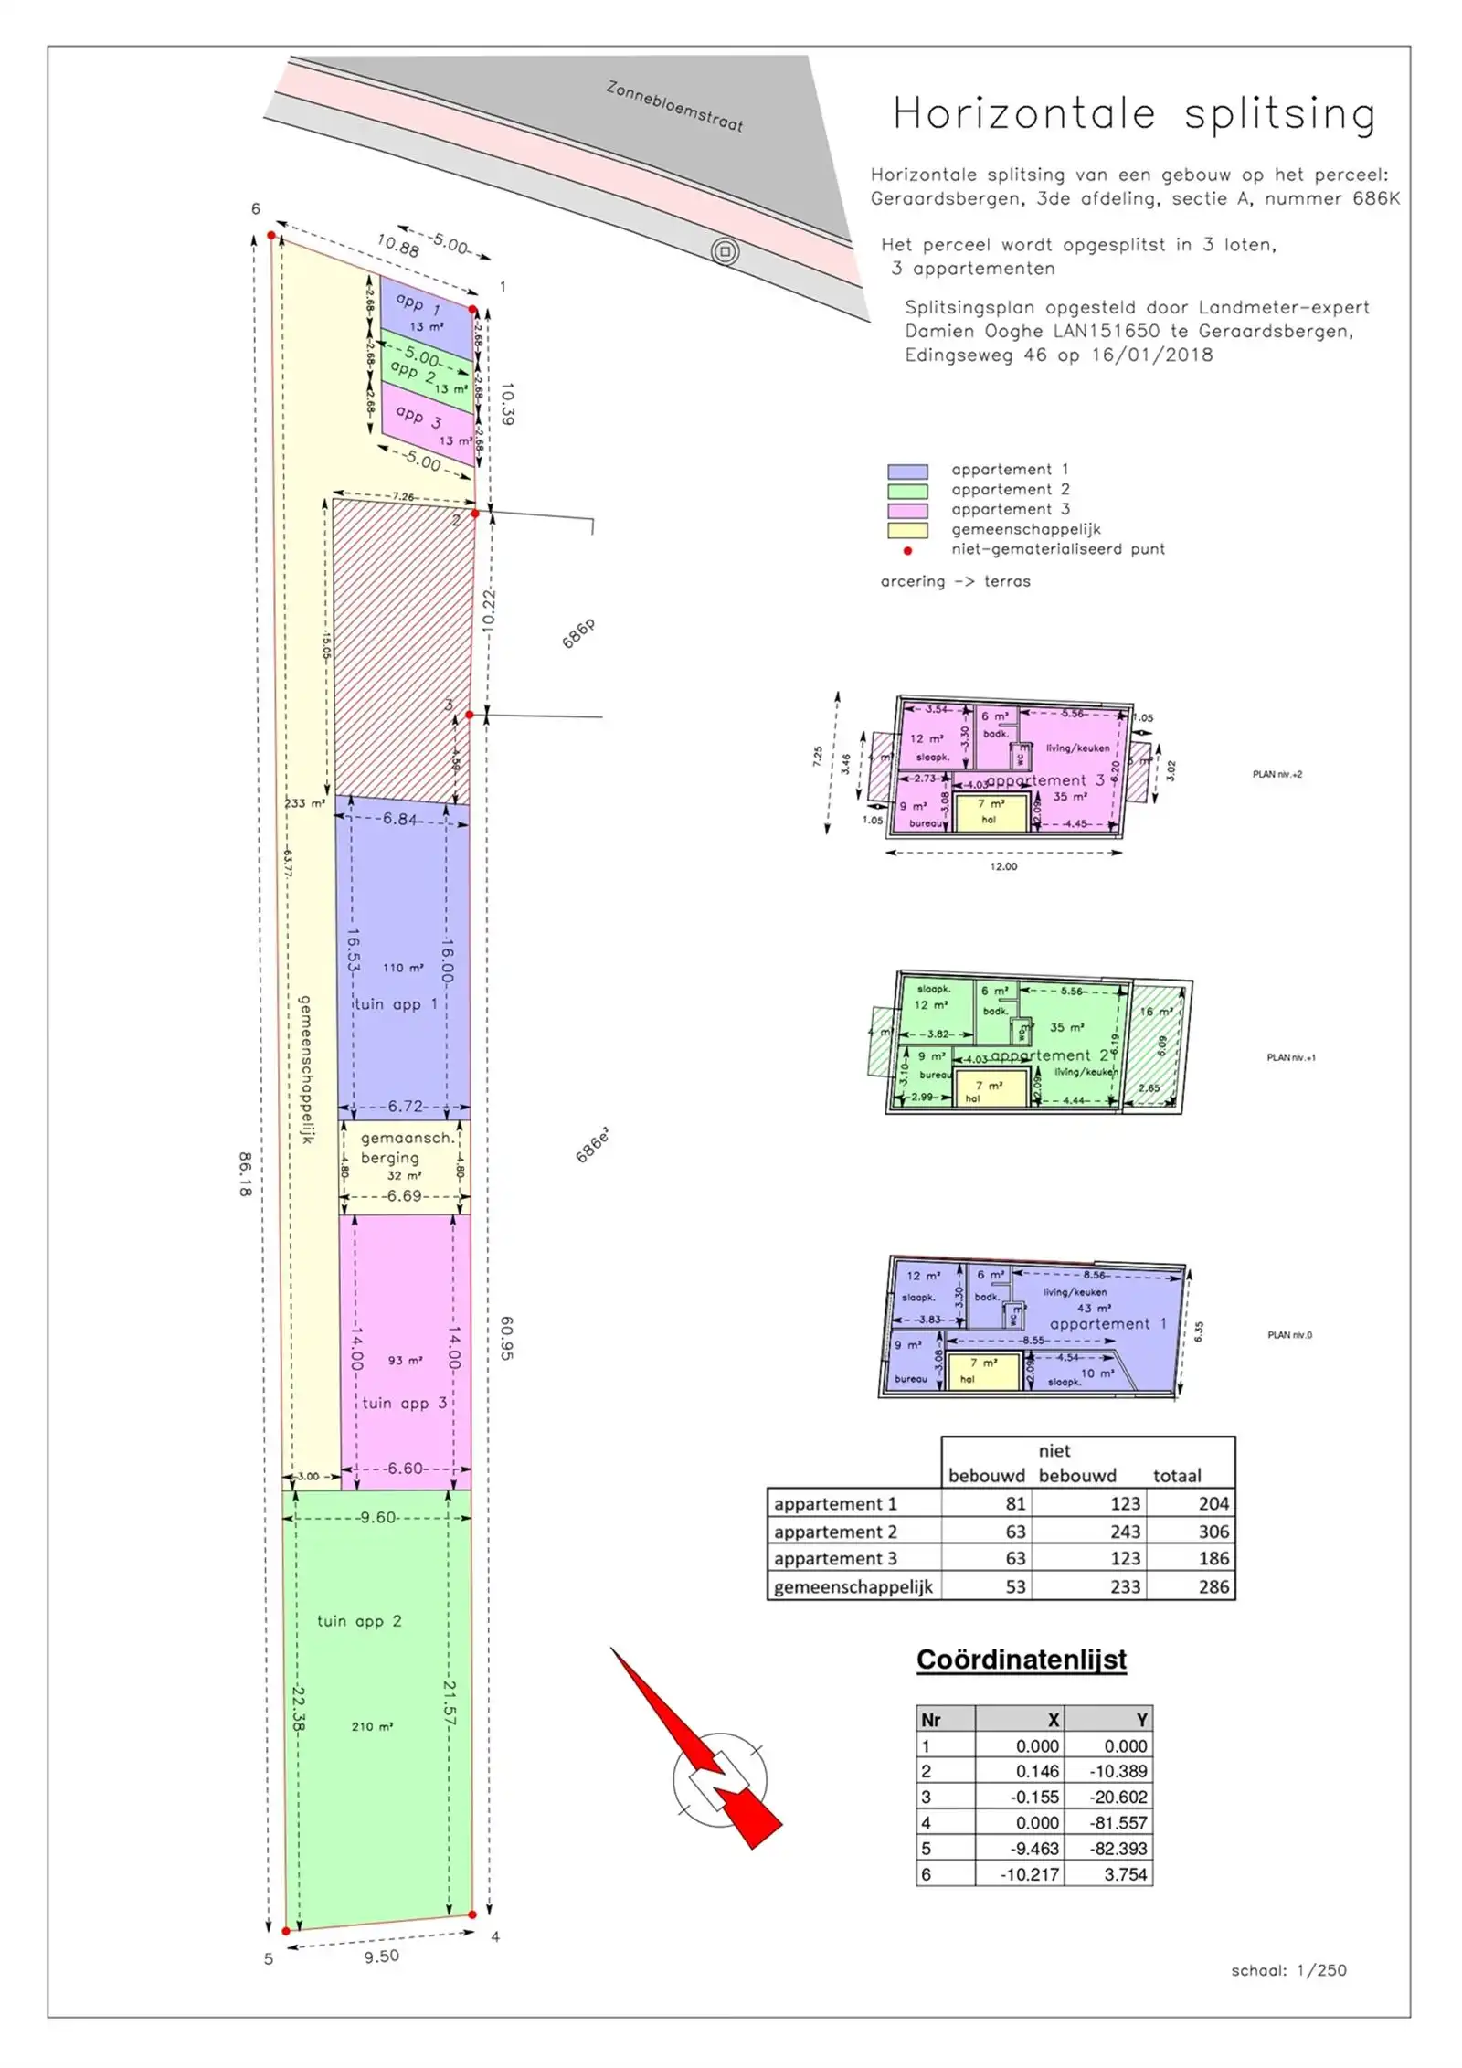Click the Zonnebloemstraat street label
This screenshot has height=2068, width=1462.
[674, 107]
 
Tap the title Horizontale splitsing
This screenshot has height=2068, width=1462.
[1133, 115]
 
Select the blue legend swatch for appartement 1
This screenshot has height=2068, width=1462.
[907, 472]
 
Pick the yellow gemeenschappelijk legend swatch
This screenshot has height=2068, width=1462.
[907, 530]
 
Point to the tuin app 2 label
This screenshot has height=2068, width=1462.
[359, 1621]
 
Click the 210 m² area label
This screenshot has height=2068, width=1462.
[372, 1727]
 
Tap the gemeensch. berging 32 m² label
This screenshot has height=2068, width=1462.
[405, 1157]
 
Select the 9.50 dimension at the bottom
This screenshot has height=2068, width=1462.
[381, 1957]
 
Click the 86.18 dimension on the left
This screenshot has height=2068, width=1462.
[245, 1174]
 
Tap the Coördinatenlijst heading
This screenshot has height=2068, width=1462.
[1022, 1660]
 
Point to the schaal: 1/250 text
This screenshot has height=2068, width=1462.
[1288, 1971]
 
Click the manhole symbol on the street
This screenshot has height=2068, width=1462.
[725, 251]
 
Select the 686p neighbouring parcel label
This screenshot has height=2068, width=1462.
[578, 632]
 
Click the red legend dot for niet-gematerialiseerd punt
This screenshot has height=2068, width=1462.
[907, 551]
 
